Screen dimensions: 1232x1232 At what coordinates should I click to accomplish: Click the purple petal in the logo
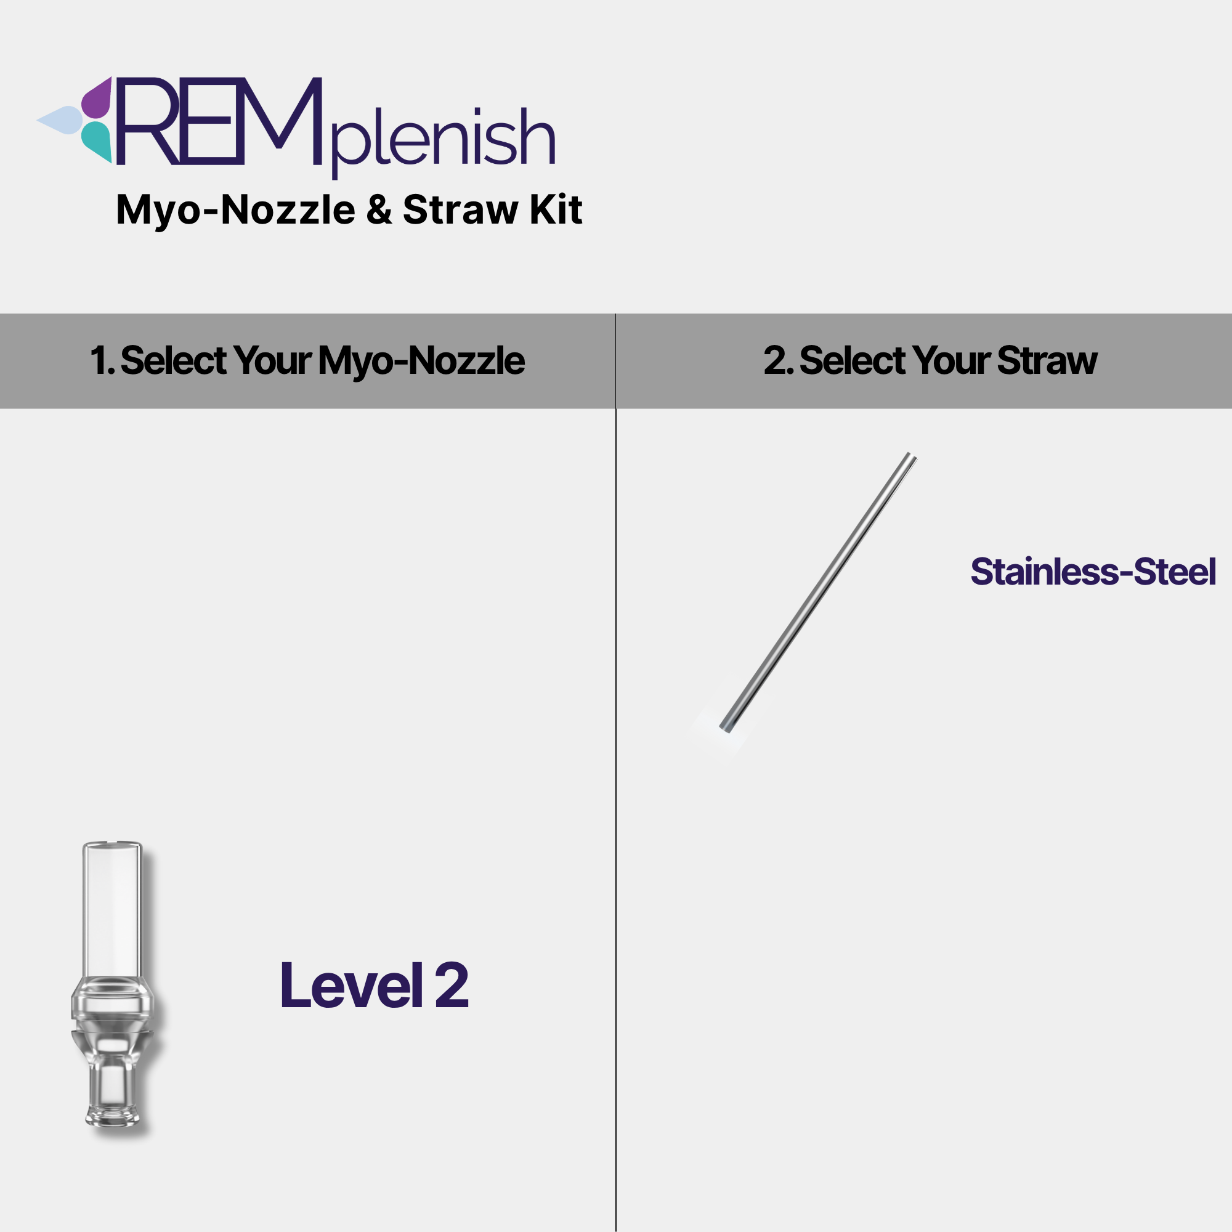(x=97, y=98)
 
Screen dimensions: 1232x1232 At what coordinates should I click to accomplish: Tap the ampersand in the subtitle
(x=379, y=210)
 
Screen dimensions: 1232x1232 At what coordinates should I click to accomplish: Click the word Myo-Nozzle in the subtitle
(x=236, y=211)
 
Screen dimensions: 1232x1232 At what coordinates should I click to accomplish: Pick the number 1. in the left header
(x=102, y=360)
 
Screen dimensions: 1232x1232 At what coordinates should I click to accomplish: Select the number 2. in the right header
(x=779, y=360)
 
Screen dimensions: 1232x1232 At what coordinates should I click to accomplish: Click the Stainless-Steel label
(x=1093, y=572)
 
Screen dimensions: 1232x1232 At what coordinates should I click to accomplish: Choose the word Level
(x=352, y=986)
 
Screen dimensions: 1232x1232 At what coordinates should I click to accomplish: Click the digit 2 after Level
(x=452, y=986)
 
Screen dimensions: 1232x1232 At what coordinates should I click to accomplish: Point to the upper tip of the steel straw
(x=912, y=455)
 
